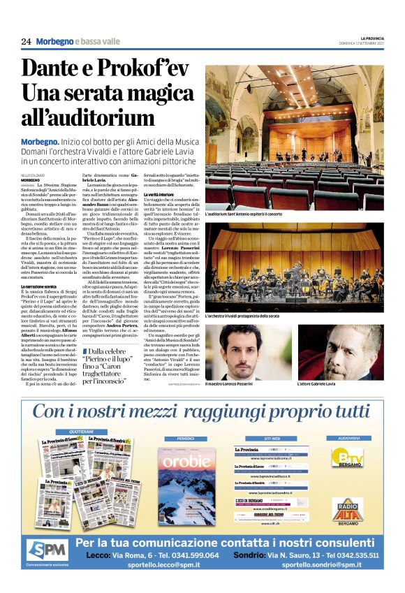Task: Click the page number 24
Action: click(x=26, y=42)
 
